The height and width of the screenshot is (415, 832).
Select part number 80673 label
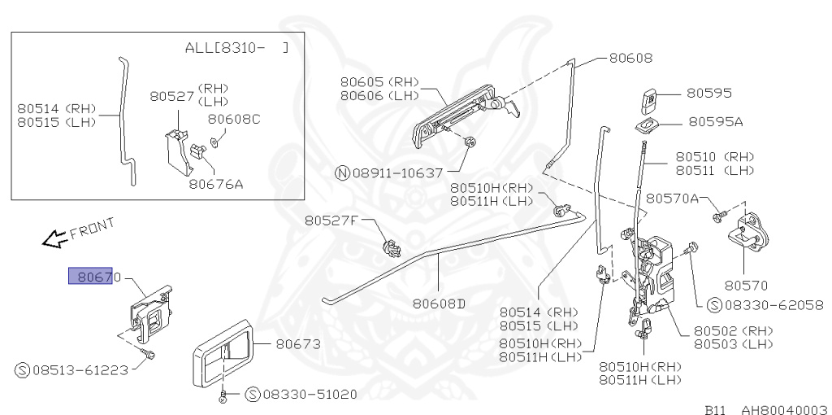click(x=298, y=344)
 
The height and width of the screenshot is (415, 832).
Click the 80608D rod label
click(x=439, y=304)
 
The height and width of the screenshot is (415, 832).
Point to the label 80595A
click(x=716, y=121)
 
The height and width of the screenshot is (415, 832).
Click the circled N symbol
click(x=342, y=173)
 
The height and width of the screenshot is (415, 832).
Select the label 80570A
click(x=673, y=198)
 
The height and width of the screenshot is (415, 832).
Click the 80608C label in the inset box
click(x=233, y=119)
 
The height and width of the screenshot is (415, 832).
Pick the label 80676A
click(x=216, y=184)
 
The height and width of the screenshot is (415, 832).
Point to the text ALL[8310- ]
click(x=236, y=48)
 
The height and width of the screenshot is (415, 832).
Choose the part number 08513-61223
click(x=80, y=370)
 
